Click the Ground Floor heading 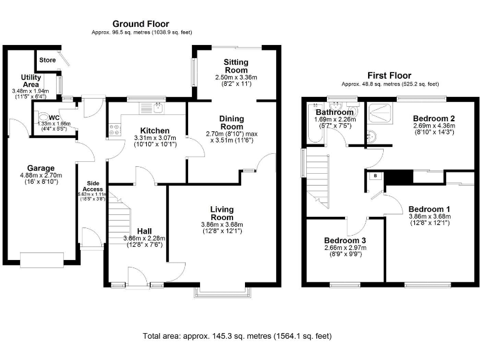point(141,24)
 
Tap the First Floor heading point(389,75)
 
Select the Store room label point(47,60)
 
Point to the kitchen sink point(152,107)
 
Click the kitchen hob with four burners point(114,129)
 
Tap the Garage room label point(41,168)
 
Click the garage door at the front point(42,259)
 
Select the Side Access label point(93,186)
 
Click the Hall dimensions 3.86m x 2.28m point(144,238)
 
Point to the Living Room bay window point(224,292)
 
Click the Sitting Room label point(236,66)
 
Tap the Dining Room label point(232,122)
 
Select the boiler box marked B point(376,176)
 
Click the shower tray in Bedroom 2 point(380,114)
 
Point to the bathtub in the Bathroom point(315,123)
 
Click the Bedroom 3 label point(345,241)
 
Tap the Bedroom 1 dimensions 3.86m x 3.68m point(430,216)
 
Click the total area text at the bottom point(237,336)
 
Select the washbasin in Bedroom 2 point(372,136)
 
